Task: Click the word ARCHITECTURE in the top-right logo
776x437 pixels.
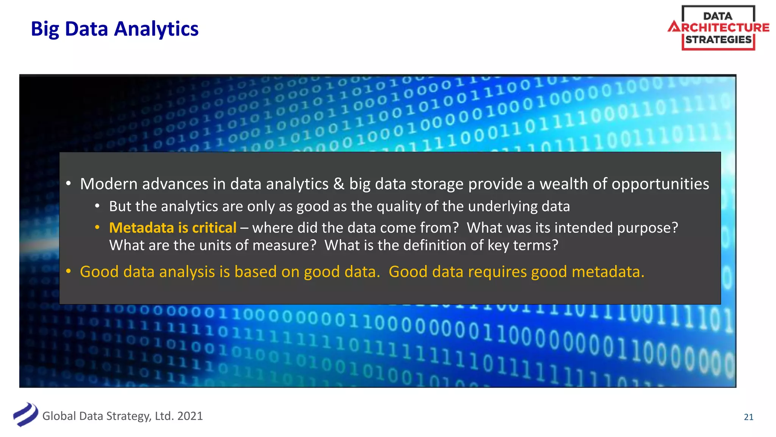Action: tap(719, 27)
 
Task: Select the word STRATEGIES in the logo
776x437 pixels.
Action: tap(718, 40)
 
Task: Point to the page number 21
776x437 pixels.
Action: tap(748, 417)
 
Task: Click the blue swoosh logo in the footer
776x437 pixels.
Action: tap(26, 414)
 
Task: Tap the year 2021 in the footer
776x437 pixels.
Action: tap(190, 416)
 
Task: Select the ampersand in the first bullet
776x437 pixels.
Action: tap(339, 184)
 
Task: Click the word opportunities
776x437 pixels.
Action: tap(660, 184)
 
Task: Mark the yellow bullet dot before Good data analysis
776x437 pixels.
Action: tap(69, 272)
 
